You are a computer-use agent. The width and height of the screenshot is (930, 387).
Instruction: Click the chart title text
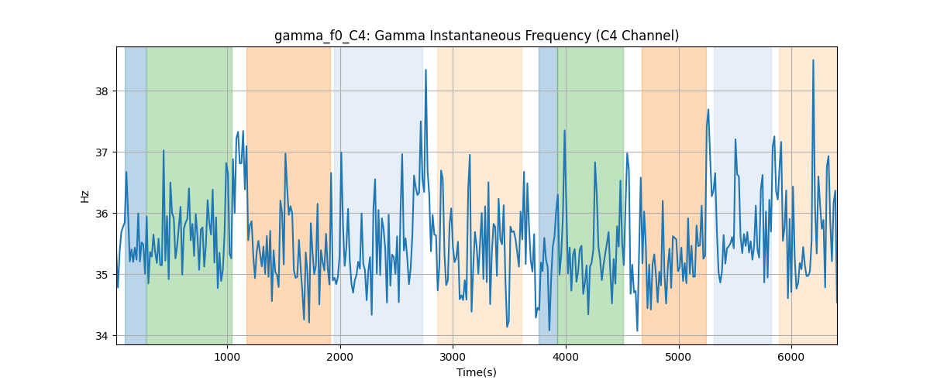coord(477,36)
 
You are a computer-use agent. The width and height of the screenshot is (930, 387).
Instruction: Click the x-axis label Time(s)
coord(477,372)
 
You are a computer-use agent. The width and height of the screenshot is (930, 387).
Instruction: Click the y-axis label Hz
coord(84,197)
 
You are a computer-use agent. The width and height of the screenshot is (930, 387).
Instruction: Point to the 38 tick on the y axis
coord(102,91)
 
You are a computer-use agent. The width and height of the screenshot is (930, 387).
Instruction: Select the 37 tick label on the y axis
coord(102,152)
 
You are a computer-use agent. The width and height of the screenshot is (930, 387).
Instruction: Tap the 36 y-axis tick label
coord(102,214)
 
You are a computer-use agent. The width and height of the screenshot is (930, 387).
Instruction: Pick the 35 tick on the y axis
coord(102,275)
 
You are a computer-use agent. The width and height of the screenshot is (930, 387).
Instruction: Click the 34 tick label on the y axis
coord(102,336)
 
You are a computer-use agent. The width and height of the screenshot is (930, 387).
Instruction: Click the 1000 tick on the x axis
coord(227,357)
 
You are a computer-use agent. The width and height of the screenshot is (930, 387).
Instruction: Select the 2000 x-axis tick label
coord(340,357)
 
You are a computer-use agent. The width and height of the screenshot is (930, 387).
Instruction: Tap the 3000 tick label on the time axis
coord(453,357)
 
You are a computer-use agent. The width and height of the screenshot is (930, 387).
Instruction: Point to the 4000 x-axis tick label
coord(566,357)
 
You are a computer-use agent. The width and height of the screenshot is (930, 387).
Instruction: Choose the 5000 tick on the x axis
coord(678,357)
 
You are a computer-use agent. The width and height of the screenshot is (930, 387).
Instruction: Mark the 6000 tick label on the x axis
coord(791,357)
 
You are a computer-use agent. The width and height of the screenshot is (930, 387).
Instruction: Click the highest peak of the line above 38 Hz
coord(813,60)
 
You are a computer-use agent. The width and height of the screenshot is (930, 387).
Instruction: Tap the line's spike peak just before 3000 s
coord(426,70)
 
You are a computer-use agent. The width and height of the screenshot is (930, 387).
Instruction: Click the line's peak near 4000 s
coord(565,131)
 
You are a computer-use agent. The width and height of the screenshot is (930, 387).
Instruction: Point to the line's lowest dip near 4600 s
coord(637,330)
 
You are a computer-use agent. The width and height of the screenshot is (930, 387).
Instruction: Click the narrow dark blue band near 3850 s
coord(548,196)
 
